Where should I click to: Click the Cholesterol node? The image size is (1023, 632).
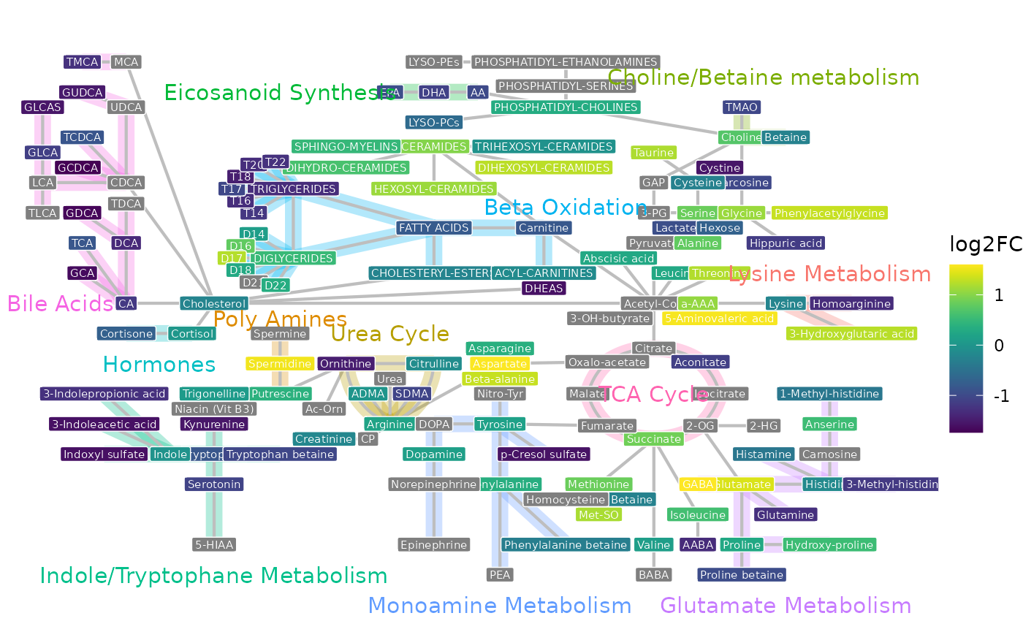coord(214,303)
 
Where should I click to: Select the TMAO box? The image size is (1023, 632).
coord(742,107)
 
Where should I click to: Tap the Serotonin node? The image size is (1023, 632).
coord(213,484)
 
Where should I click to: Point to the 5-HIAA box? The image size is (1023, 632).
coord(215,544)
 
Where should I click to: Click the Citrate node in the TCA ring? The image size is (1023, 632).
coord(653,349)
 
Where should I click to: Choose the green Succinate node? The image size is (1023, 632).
coord(653,439)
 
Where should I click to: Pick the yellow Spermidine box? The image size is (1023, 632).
coord(280,363)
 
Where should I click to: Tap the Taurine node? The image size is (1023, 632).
coord(653,153)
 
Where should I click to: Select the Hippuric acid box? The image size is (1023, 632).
coord(786,243)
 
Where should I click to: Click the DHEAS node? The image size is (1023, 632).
coord(544,288)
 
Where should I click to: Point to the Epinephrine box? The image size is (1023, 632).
coord(434,544)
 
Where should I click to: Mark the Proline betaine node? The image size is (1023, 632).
coord(742,575)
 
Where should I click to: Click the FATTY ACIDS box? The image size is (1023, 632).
coord(433,228)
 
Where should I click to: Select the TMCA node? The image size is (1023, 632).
coord(82,62)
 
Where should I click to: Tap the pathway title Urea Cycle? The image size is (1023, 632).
coord(389,334)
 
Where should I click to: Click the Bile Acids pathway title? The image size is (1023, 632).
coord(60,303)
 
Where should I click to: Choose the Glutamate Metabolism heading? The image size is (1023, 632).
coord(786,606)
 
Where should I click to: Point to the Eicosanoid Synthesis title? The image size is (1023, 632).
coord(278,93)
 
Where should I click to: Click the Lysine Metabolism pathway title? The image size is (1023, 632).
coord(829,274)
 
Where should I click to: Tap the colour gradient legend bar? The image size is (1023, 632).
coord(966,349)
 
